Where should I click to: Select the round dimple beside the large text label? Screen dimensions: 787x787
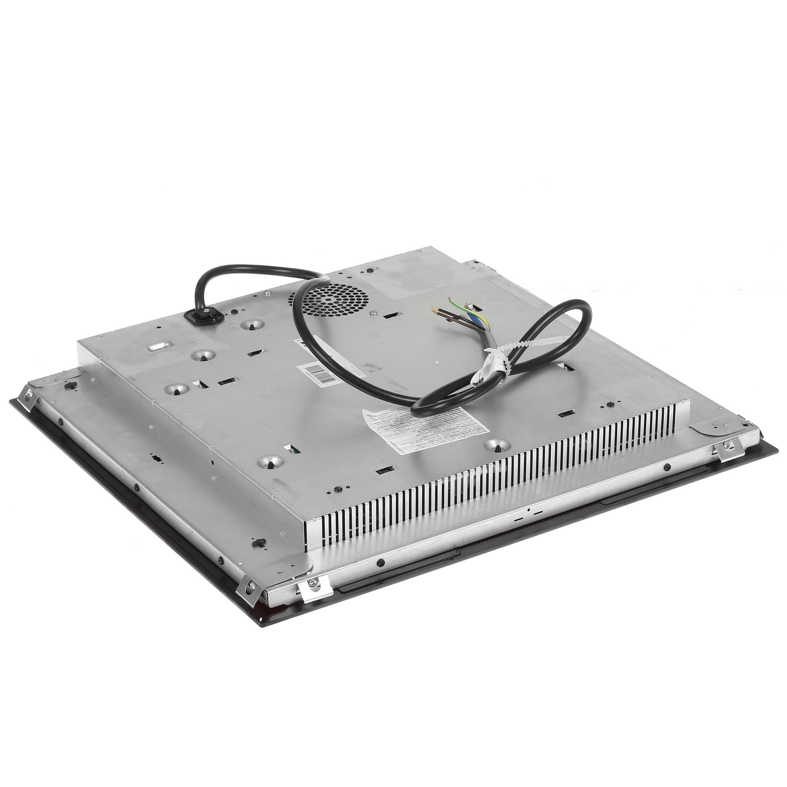[x=497, y=446]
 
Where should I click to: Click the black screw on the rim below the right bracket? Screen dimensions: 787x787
[x=667, y=467]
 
